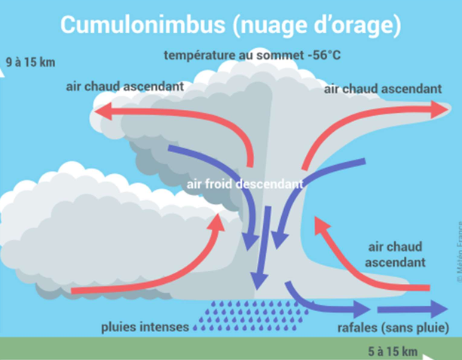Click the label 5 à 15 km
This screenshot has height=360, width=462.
(393, 352)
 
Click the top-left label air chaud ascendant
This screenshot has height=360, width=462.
(124, 87)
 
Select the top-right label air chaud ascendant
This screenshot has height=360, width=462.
(383, 89)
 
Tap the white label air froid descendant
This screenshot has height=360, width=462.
(245, 184)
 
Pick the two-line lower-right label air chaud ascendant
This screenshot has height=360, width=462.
(396, 255)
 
